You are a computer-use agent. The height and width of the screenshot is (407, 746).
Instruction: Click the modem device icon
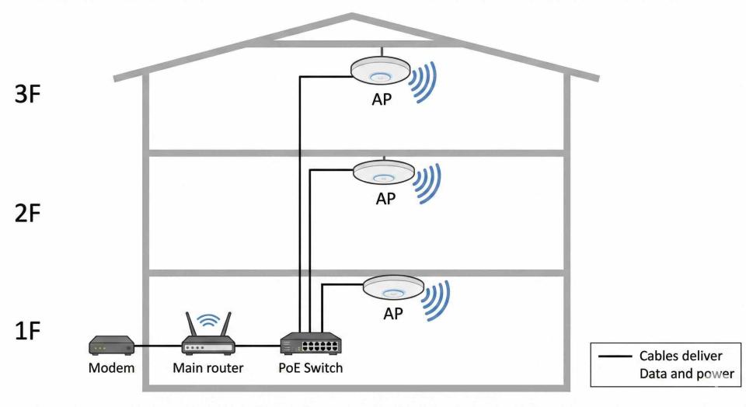tap(112, 346)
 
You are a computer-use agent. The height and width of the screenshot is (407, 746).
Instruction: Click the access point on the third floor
tap(380, 72)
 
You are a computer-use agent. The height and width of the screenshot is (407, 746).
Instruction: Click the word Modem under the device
tap(111, 367)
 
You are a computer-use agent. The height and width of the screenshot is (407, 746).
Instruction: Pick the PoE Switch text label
tap(312, 367)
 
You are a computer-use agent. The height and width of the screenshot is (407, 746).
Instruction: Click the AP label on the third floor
tap(381, 103)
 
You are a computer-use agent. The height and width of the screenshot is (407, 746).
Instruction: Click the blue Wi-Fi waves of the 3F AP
tap(424, 81)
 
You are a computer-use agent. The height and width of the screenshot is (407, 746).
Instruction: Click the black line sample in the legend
tap(612, 356)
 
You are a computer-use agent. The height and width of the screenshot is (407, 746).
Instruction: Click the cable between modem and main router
tap(159, 346)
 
